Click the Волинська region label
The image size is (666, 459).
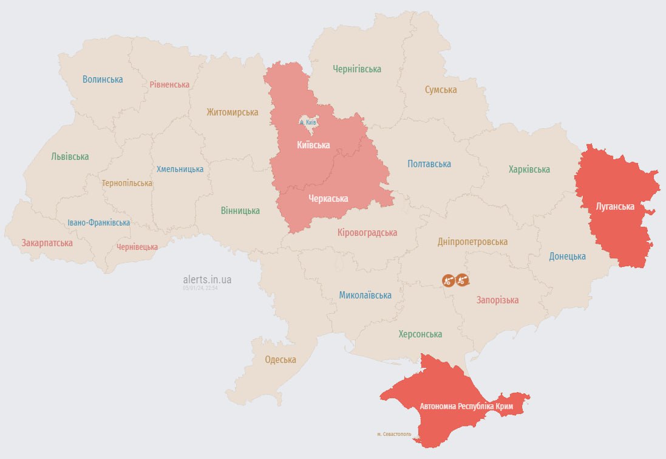(x=103, y=80)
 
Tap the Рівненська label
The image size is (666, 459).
(x=169, y=85)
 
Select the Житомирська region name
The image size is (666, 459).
(x=232, y=112)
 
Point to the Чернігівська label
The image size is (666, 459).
(x=357, y=69)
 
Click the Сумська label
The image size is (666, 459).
(x=440, y=90)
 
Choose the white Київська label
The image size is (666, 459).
(x=313, y=145)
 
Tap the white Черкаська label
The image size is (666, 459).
(x=328, y=199)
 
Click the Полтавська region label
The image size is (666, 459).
(x=429, y=164)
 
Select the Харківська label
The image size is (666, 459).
(x=529, y=170)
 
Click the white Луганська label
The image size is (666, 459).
(x=615, y=207)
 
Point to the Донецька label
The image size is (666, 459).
(x=567, y=257)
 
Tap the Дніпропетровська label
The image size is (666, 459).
(x=472, y=242)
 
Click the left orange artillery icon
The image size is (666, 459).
(x=449, y=280)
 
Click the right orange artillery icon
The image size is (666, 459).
(x=463, y=280)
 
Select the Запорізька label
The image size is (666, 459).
(x=497, y=300)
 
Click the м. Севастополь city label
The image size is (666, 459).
(x=393, y=434)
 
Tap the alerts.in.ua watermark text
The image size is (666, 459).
(x=207, y=280)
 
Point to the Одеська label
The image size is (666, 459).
(x=280, y=360)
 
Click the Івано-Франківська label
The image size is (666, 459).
(x=98, y=223)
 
